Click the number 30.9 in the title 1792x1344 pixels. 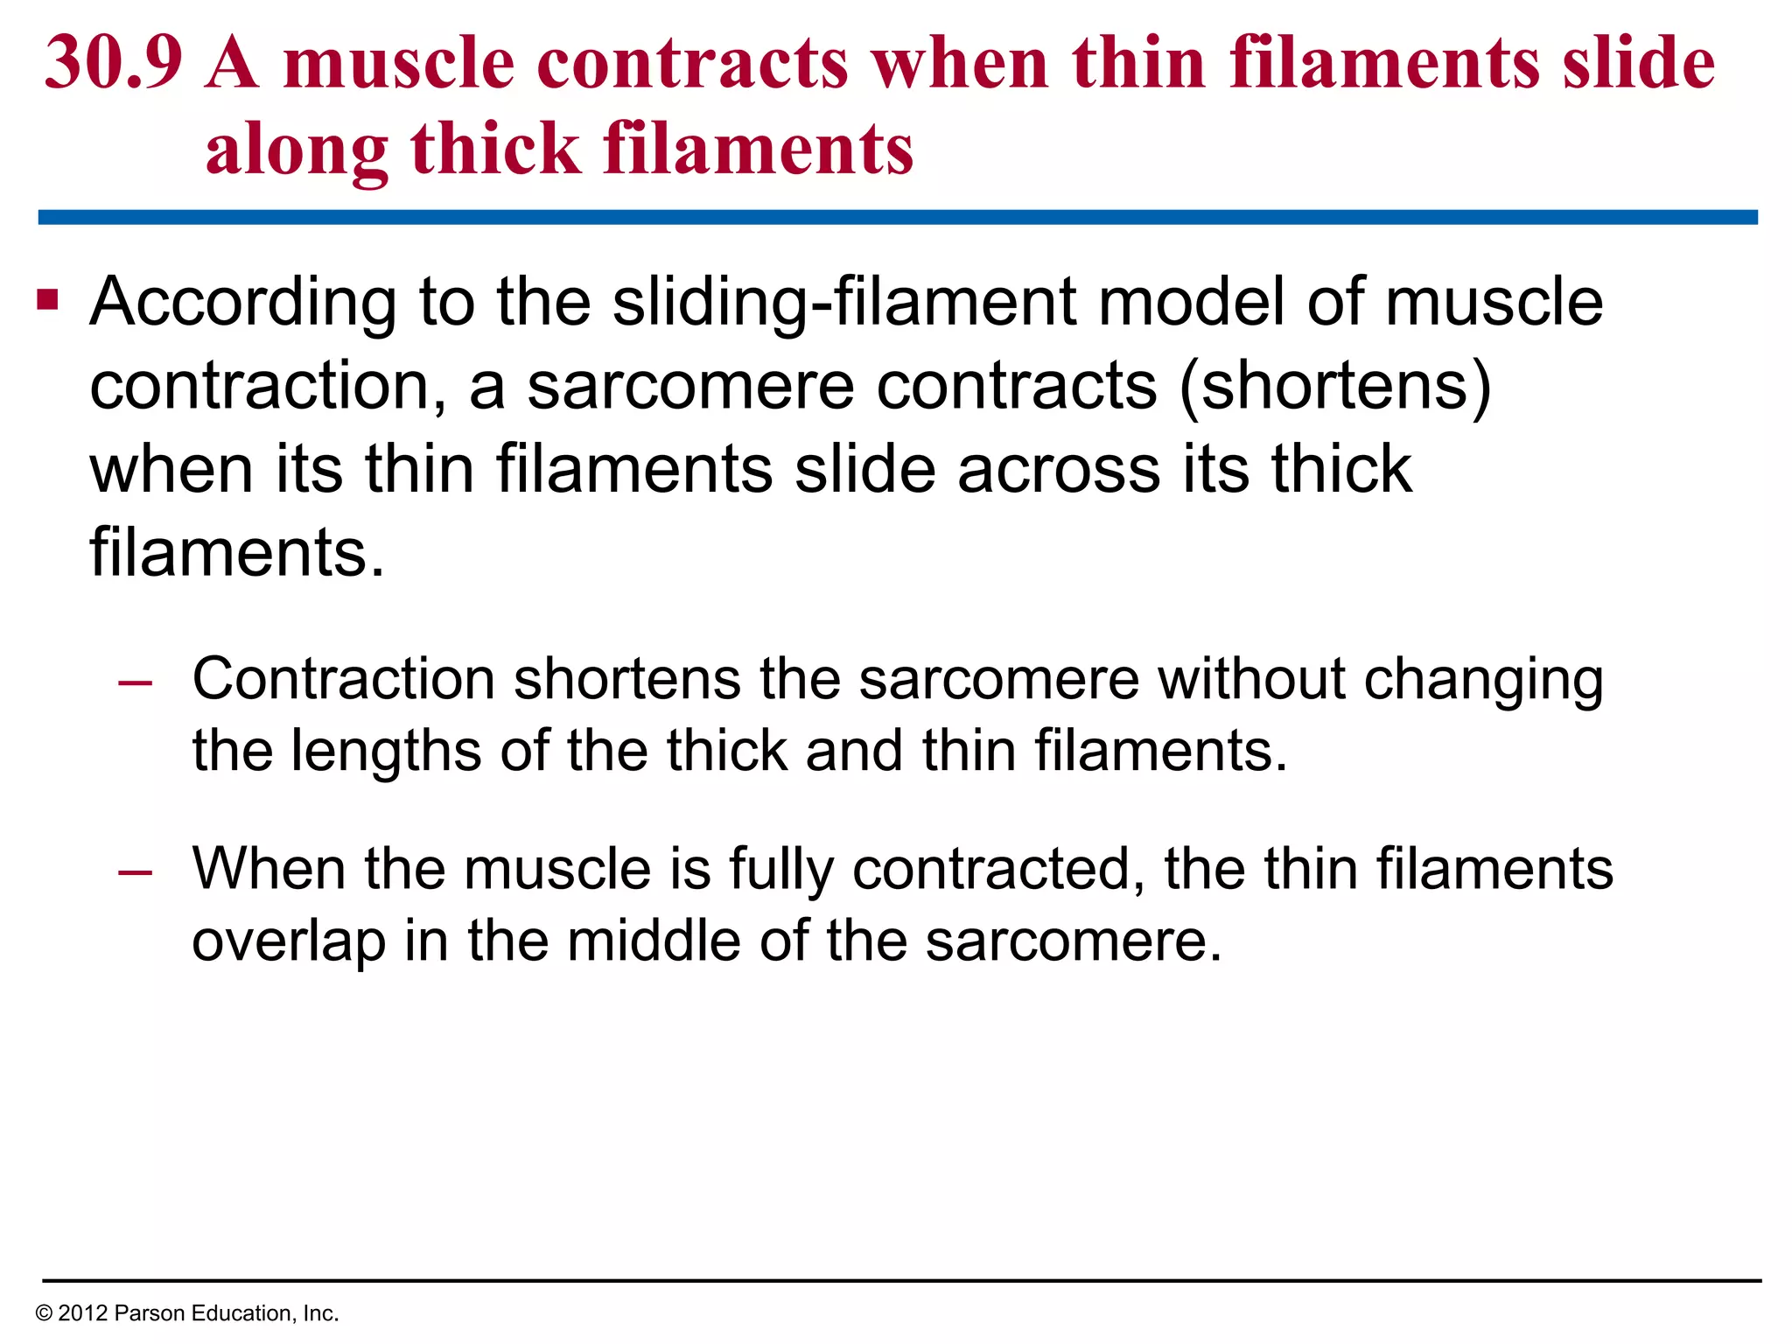pos(114,63)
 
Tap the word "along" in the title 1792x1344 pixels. pos(297,149)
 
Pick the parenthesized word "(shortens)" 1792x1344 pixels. pos(1335,386)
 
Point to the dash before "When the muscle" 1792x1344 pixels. pos(136,871)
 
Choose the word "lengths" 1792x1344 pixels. pos(386,752)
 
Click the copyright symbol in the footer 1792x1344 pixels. pos(44,1313)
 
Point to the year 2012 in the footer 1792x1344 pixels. pos(82,1313)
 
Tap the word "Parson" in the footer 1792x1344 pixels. pos(150,1313)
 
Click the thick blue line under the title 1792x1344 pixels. pos(898,217)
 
